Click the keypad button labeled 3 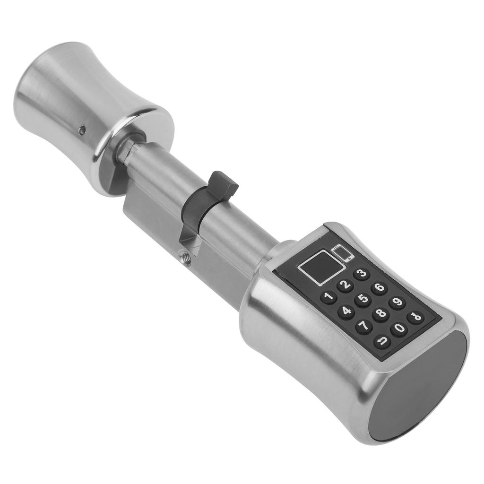pyautogui.click(x=362, y=274)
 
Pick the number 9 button pyautogui.click(x=397, y=302)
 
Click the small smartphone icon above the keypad pyautogui.click(x=343, y=253)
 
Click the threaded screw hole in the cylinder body pyautogui.click(x=185, y=258)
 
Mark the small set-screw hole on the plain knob pyautogui.click(x=83, y=129)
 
